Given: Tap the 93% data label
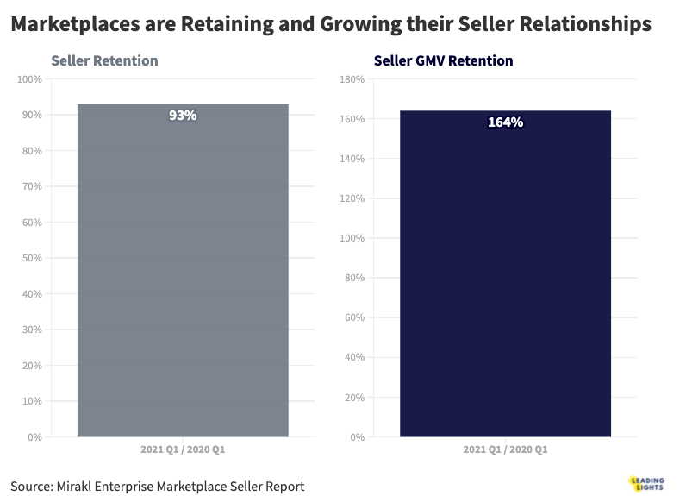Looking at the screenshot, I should (183, 115).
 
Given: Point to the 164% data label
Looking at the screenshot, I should (505, 122).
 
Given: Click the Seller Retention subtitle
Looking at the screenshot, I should (104, 61).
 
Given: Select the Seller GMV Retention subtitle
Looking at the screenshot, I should (443, 61).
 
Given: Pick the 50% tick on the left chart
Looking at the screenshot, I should (31, 258).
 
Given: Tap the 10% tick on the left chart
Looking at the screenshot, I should (31, 401).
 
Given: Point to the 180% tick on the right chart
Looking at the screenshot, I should (352, 79).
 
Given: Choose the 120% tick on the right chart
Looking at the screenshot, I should (352, 198).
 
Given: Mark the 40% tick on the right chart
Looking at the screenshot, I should (353, 357).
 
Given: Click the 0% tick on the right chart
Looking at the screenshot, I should (356, 437).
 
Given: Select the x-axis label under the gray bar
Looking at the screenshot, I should (183, 450).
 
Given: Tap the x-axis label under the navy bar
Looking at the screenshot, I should (505, 450).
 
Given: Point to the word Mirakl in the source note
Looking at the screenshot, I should (81, 487).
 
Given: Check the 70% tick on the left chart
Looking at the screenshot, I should (31, 186).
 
